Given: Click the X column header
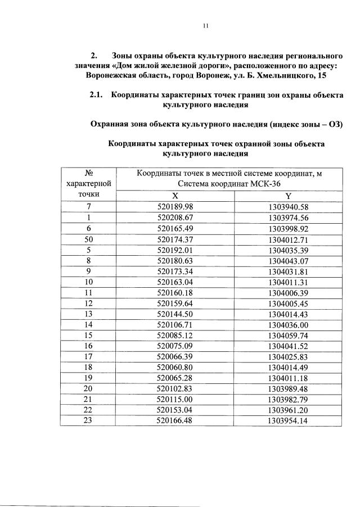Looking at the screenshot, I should click(175, 196).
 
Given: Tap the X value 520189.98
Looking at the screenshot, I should click(175, 206).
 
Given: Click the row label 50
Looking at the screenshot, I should click(88, 239).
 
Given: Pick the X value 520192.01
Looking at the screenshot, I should click(175, 250).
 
